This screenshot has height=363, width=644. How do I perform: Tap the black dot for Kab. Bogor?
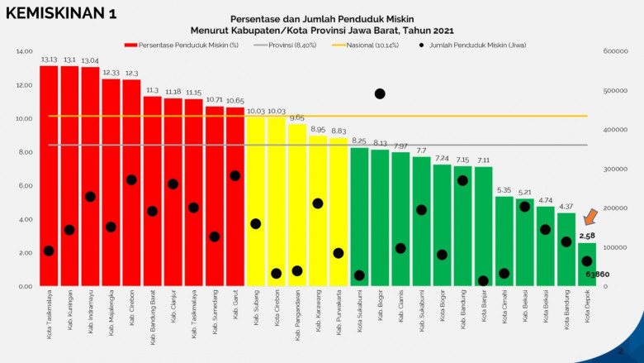click(380, 94)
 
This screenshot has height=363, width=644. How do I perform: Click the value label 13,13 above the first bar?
click(49, 60)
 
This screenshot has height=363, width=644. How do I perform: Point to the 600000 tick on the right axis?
click(616, 51)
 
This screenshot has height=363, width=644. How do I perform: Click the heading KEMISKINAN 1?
click(63, 15)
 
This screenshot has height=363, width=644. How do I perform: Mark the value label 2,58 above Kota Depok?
click(587, 236)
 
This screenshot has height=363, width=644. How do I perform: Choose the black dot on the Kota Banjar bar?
click(483, 281)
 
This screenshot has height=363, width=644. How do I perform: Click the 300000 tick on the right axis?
click(616, 169)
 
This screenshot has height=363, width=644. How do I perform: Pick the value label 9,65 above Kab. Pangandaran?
click(296, 118)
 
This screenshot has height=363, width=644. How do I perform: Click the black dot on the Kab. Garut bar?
click(234, 175)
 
